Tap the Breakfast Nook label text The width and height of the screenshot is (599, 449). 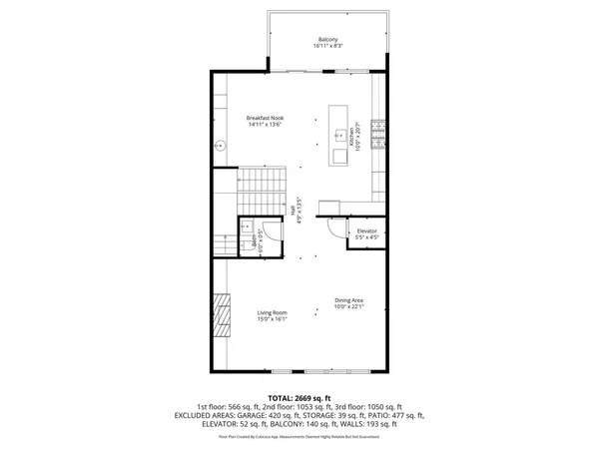click(x=265, y=119)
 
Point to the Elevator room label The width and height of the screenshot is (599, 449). click(x=366, y=231)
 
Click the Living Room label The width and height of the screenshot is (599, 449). click(x=272, y=312)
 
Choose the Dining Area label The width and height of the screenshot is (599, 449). click(x=348, y=300)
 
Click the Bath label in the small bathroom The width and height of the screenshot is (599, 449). click(x=253, y=244)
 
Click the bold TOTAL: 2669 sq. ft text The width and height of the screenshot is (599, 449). click(x=299, y=397)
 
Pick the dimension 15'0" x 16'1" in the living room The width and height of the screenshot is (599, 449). click(x=272, y=319)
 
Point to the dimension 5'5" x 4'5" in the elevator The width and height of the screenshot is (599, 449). click(x=366, y=238)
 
